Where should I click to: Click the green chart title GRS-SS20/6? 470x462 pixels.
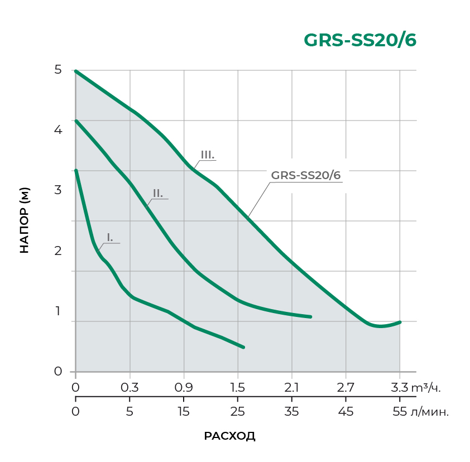point(359,40)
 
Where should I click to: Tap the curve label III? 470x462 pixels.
point(208,155)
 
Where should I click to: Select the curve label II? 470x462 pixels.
point(158,193)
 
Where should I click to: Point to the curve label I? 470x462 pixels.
point(110,238)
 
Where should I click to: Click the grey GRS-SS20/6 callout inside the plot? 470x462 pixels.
point(305,175)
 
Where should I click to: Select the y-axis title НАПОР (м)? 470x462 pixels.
point(24,220)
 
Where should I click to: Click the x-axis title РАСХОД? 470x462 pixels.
point(230,436)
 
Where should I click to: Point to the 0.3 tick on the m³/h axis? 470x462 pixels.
point(130,387)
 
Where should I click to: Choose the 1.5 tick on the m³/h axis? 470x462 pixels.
point(238,387)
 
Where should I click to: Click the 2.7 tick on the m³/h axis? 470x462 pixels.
point(346,387)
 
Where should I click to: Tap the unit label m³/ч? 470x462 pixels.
point(430,387)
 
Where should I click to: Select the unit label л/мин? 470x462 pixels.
point(430,412)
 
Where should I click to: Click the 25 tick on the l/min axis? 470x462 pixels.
point(238,412)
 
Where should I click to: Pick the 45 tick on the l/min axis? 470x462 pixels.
point(346,412)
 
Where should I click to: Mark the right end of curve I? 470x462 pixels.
point(243,347)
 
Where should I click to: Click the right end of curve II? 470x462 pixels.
point(310,316)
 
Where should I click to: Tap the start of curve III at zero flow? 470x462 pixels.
point(76,71)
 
